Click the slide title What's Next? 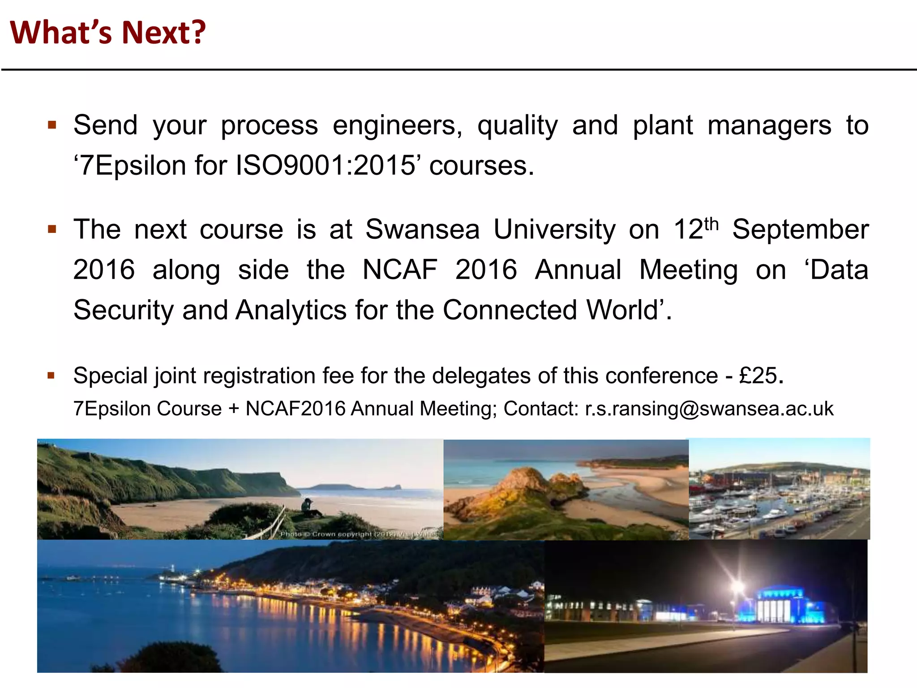(x=107, y=33)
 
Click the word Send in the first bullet (x=105, y=125)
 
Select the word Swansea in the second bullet (x=422, y=230)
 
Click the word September (x=800, y=230)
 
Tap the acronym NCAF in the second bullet (x=399, y=270)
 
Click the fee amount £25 (x=758, y=375)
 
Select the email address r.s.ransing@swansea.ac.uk (x=709, y=409)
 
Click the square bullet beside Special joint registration (x=51, y=375)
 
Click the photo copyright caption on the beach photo (x=358, y=534)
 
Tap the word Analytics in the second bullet (x=291, y=310)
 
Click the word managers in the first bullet (x=769, y=125)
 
